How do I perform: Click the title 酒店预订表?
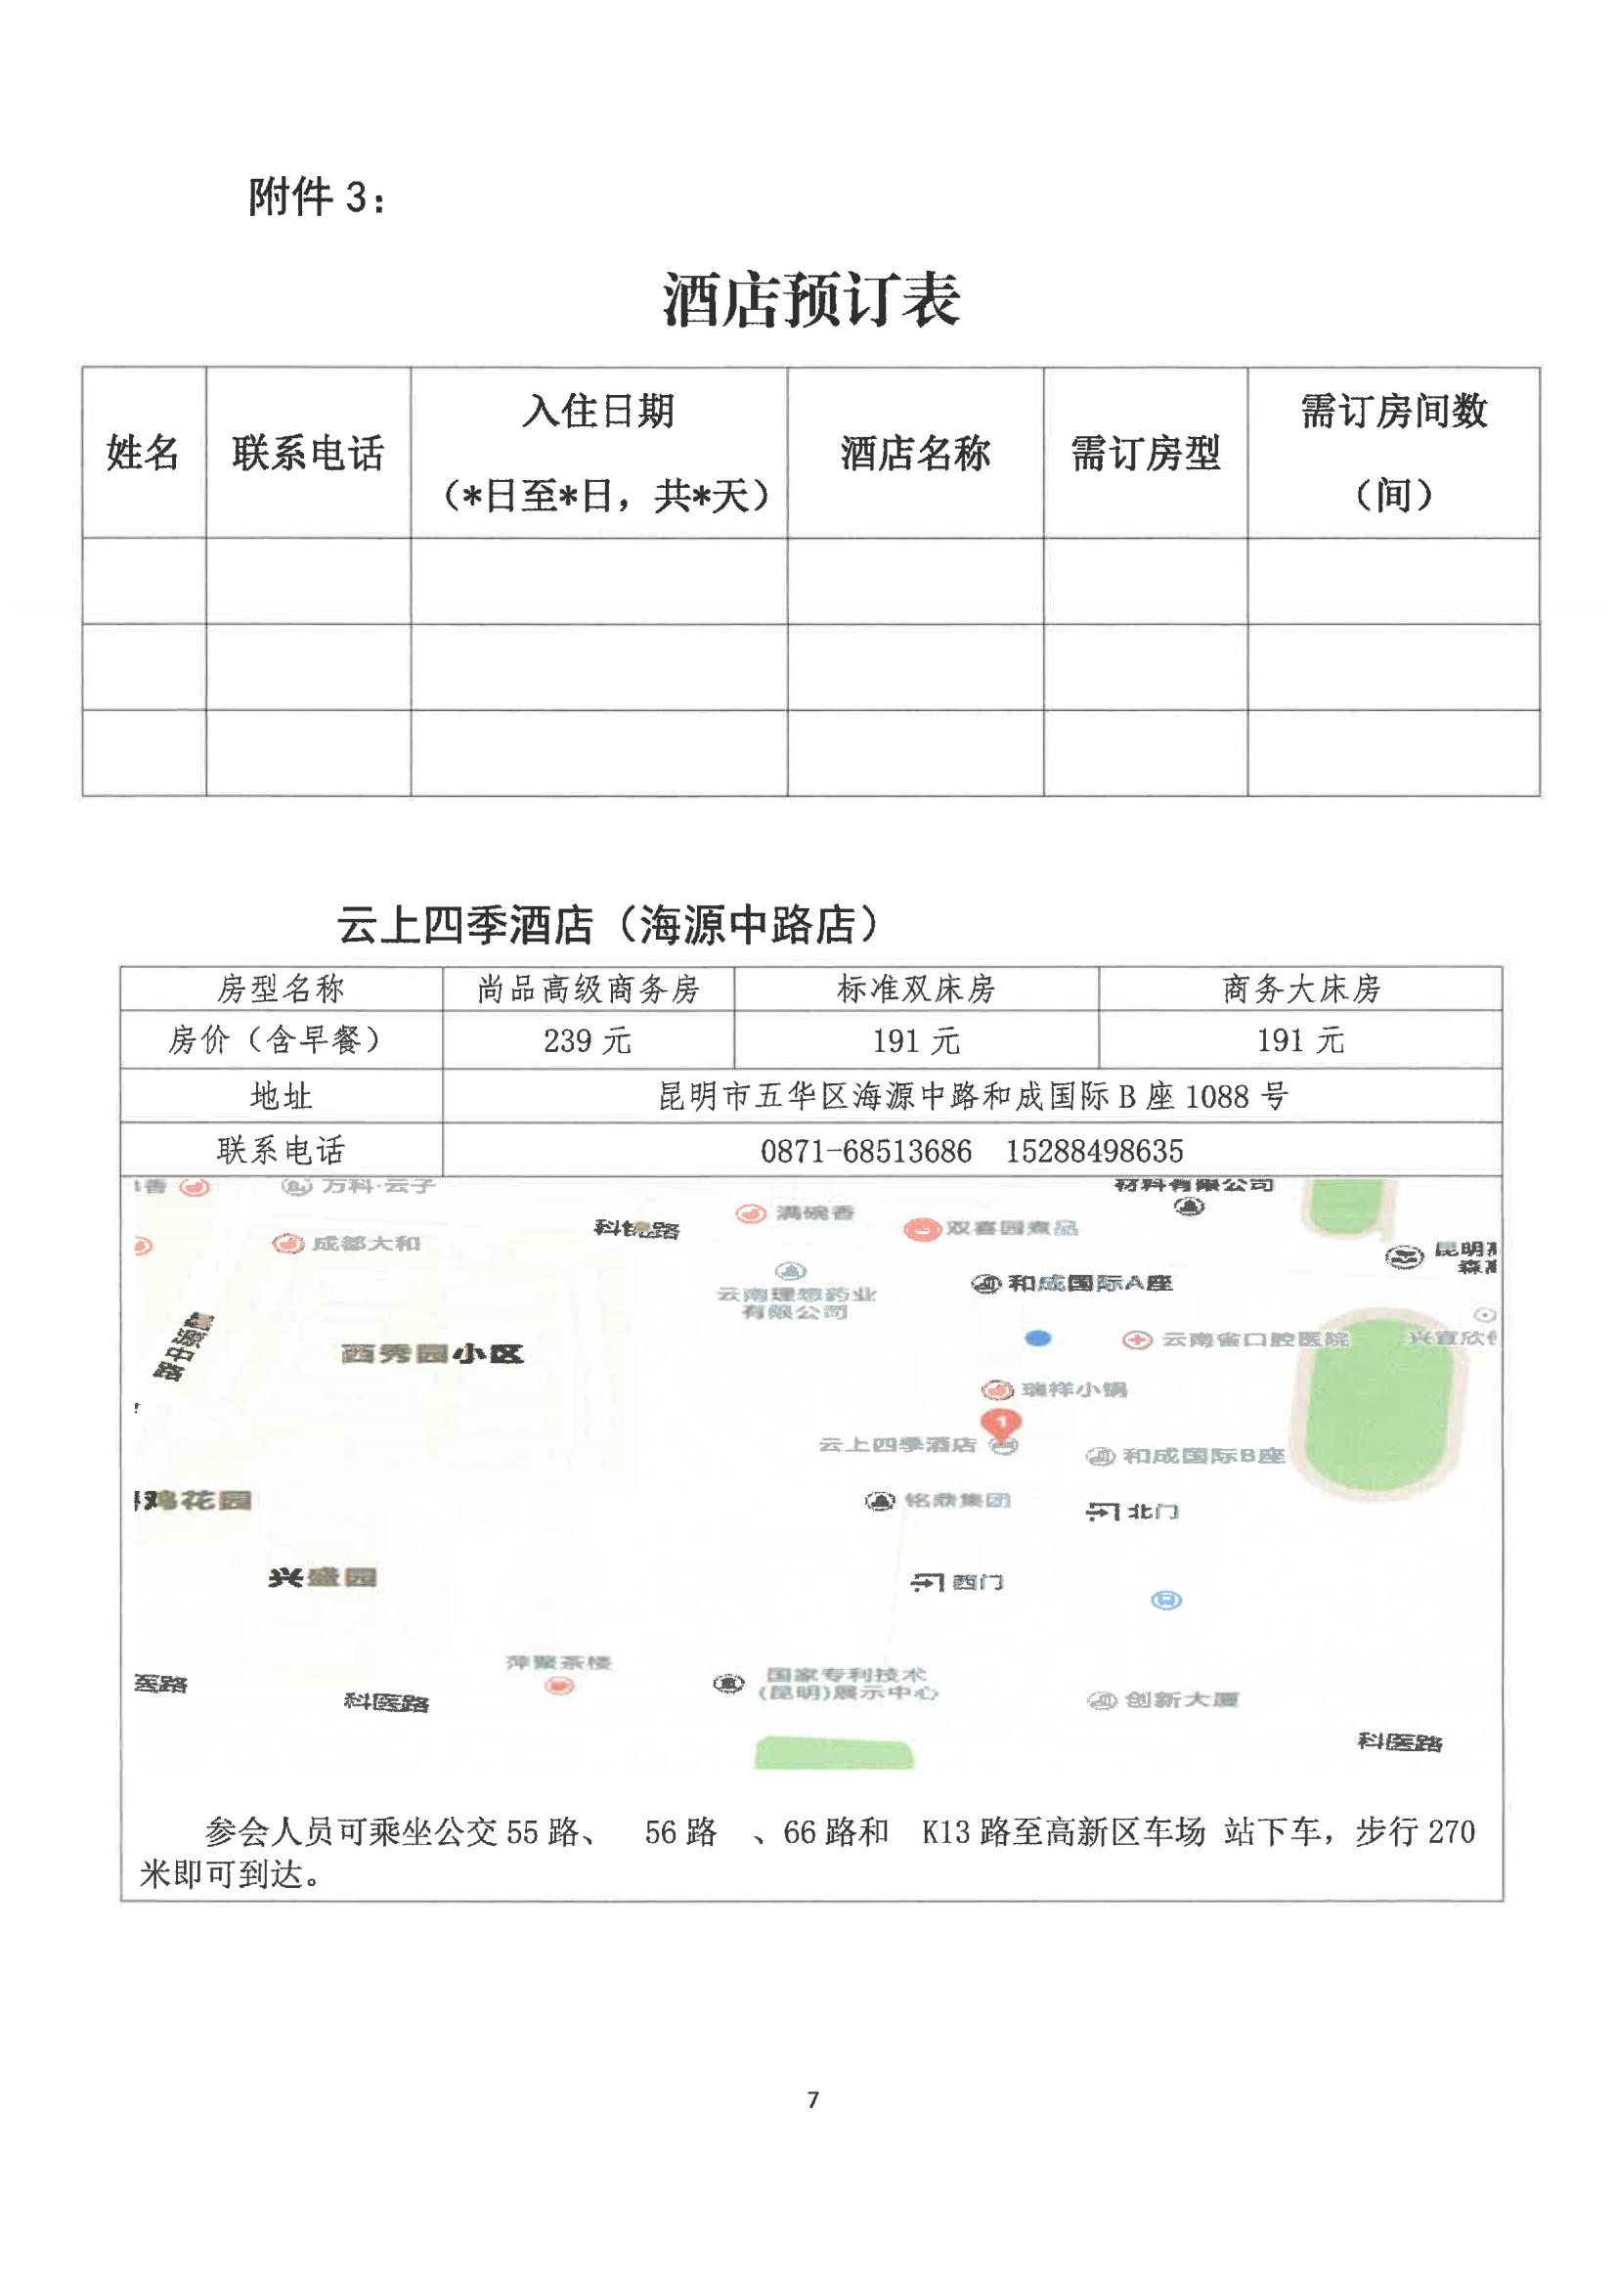coord(811,299)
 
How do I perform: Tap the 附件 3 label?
coord(317,198)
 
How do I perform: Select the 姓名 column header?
coord(144,454)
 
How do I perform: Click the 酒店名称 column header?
coord(915,454)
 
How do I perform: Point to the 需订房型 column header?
coord(1146,454)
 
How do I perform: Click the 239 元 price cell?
coord(588,1041)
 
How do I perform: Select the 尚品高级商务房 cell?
coord(589,989)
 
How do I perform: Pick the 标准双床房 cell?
coord(915,989)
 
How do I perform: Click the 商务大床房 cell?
coord(1300,989)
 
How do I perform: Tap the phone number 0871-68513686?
coord(866,1152)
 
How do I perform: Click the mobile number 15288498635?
coord(1095,1152)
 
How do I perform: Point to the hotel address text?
coord(972,1097)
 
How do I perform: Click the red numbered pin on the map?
coord(1001,1423)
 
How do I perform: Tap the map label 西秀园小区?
coord(431,1353)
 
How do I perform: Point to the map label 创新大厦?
coord(1180,1698)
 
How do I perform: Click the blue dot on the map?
coord(1038,1339)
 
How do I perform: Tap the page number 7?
coord(813,2100)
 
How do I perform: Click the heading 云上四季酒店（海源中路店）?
coord(609,926)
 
